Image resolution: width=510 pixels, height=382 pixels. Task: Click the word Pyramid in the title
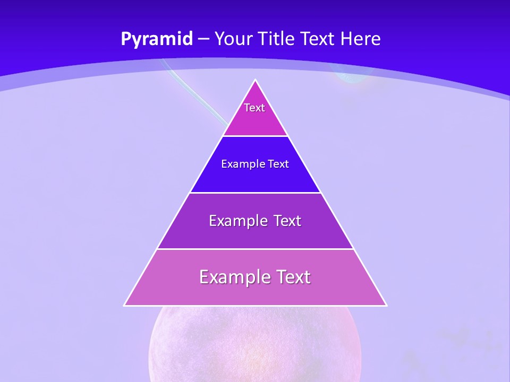point(157,39)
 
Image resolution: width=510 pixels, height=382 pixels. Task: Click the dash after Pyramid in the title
point(203,39)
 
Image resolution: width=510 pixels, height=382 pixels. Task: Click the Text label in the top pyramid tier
point(254,108)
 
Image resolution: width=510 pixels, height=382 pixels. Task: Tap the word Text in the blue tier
point(278,164)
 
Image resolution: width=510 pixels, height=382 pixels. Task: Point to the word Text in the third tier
point(287,221)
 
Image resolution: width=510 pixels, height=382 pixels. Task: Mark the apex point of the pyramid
point(256,80)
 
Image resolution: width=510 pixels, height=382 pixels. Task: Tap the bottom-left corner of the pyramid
point(124,305)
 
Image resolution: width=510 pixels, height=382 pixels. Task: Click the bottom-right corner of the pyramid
point(386,305)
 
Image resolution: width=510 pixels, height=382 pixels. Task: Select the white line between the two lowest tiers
point(255,249)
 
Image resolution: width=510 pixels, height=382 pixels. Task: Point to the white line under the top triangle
point(255,136)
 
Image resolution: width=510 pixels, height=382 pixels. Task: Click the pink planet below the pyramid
point(255,345)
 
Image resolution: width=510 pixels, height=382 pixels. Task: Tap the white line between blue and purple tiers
point(255,193)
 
